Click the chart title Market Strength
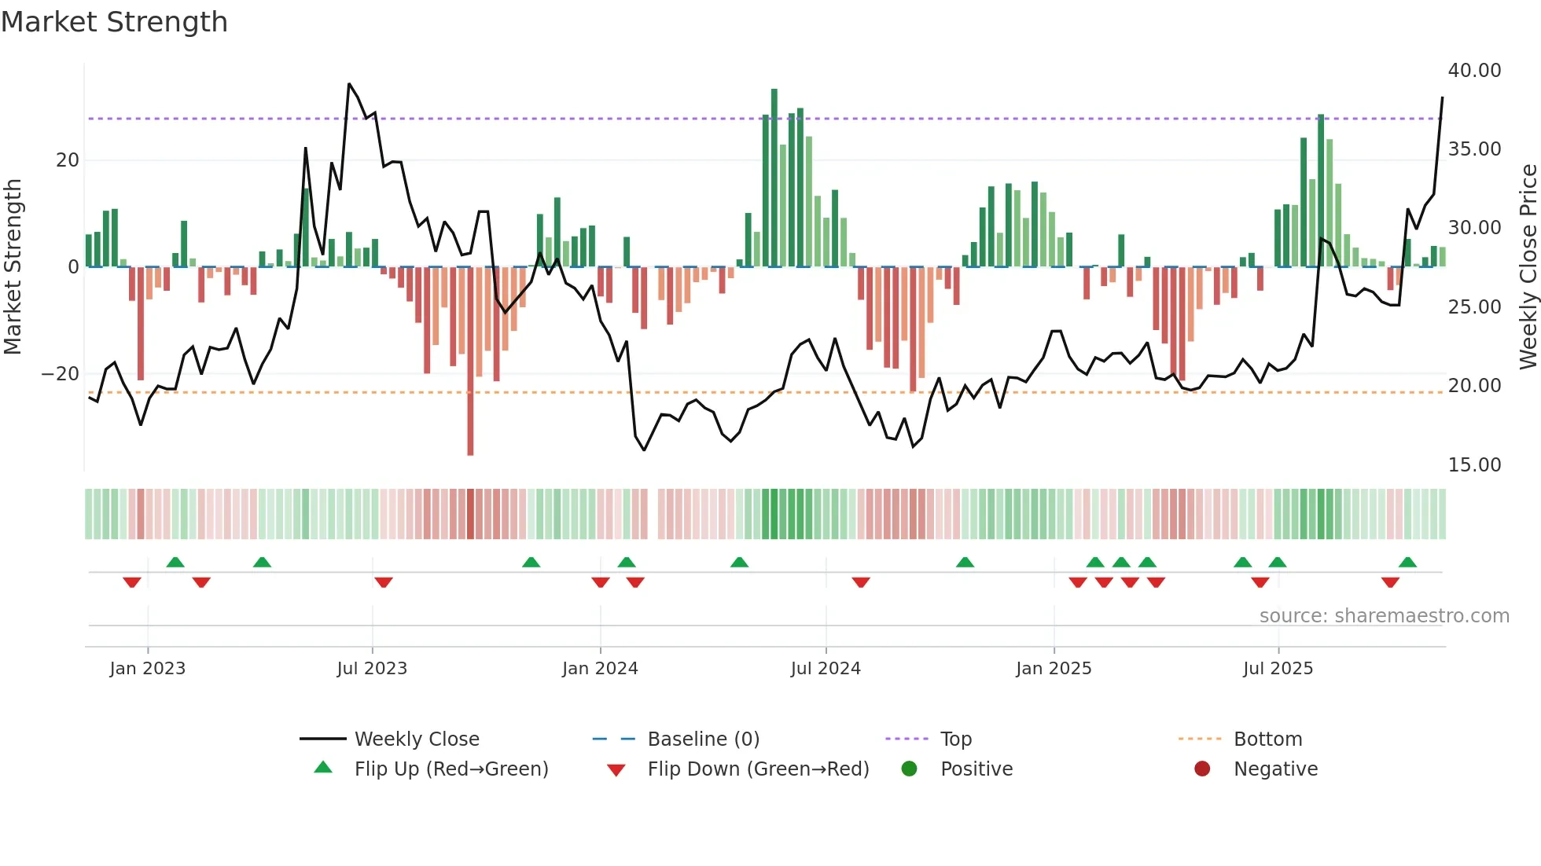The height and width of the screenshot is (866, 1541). tap(114, 22)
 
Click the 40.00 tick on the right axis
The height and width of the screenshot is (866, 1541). tap(1474, 71)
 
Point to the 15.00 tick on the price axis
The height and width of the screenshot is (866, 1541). tap(1474, 465)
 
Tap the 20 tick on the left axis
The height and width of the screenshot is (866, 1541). tap(68, 160)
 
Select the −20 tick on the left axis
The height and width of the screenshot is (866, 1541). tap(61, 374)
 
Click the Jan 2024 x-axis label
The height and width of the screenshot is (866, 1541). tap(600, 669)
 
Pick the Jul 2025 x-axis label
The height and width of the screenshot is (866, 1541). tap(1278, 669)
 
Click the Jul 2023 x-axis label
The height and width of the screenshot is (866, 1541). tap(372, 669)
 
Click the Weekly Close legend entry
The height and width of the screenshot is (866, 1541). tap(416, 739)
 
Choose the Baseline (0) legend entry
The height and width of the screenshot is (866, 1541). tap(703, 739)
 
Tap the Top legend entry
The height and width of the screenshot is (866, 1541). tap(956, 739)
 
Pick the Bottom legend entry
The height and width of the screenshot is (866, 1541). tap(1267, 739)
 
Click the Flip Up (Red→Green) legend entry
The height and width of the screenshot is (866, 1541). tap(451, 769)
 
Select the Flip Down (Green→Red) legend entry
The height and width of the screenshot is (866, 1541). tap(758, 769)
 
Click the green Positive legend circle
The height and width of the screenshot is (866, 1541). tap(910, 769)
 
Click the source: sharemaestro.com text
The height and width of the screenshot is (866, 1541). tap(1384, 616)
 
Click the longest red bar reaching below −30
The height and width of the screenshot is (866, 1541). tap(470, 361)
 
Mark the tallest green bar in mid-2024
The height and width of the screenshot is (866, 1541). tap(774, 178)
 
